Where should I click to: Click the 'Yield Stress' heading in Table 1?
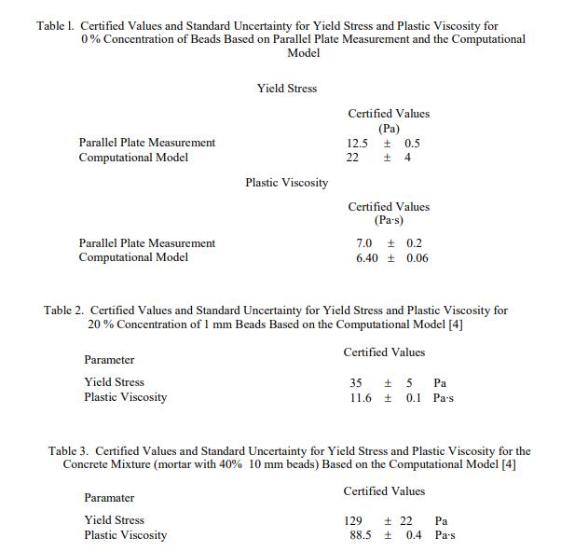(x=287, y=89)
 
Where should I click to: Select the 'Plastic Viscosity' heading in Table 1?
(x=287, y=183)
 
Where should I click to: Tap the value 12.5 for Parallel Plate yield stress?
(x=357, y=143)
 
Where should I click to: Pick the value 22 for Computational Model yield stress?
(x=352, y=158)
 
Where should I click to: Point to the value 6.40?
(x=367, y=258)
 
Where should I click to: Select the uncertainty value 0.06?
(x=417, y=258)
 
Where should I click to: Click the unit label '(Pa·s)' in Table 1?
(x=389, y=221)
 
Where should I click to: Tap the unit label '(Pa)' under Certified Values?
(x=389, y=129)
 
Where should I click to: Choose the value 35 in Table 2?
(x=356, y=382)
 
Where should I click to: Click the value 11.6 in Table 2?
(x=361, y=397)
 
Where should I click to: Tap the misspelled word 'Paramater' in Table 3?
(x=109, y=498)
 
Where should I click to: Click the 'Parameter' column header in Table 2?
(x=109, y=360)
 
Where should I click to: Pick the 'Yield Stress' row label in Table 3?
(x=114, y=520)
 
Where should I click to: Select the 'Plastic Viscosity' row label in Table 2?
(x=126, y=397)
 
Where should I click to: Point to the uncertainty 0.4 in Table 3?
(x=414, y=535)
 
